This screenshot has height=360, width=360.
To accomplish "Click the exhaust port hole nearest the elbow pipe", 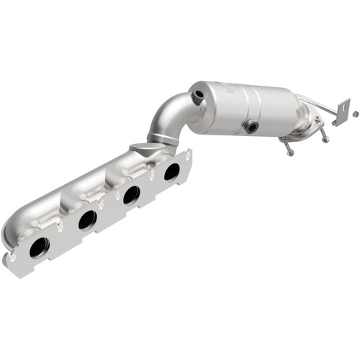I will point(171,171).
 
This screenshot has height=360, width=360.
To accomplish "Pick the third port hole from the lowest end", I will point(131,194).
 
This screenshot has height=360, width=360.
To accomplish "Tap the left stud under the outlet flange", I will point(289,148).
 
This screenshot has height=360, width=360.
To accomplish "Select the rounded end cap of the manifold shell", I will point(14,230).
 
